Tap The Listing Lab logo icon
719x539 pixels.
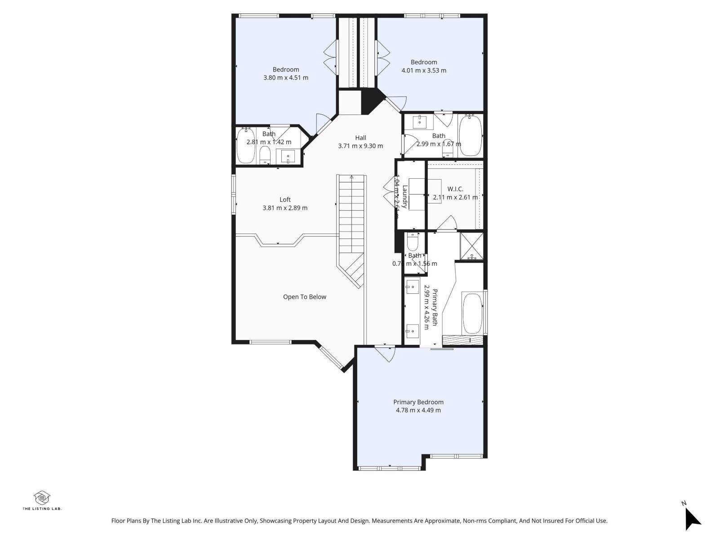click(x=42, y=497)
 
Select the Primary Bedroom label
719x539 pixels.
click(x=418, y=402)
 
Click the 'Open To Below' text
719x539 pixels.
click(x=304, y=297)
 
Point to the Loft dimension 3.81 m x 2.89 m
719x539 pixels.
click(x=285, y=208)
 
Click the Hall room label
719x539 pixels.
click(x=360, y=138)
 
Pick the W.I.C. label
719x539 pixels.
click(x=455, y=189)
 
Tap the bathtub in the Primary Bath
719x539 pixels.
click(x=472, y=313)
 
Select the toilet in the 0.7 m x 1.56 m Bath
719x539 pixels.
click(x=413, y=243)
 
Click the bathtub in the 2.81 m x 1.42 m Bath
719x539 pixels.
click(x=245, y=146)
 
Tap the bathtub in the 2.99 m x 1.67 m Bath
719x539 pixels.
click(x=470, y=136)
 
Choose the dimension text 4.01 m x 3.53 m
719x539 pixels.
click(x=423, y=71)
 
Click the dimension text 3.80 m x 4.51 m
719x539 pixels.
click(x=285, y=78)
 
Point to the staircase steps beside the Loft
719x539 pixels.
click(x=352, y=216)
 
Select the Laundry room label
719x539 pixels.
click(x=405, y=197)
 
